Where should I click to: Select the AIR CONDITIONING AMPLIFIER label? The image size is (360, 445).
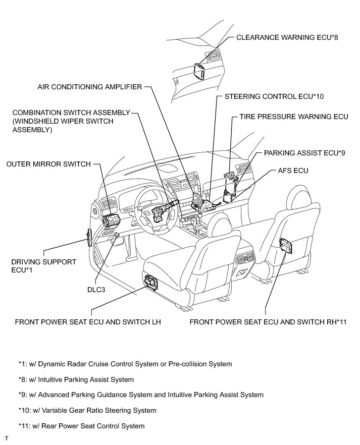pyautogui.click(x=90, y=87)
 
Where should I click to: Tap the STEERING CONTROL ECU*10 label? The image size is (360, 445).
pyautogui.click(x=274, y=96)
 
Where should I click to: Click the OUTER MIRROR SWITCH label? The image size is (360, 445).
pyautogui.click(x=48, y=164)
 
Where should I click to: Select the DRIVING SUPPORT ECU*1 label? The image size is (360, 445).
pyautogui.click(x=44, y=266)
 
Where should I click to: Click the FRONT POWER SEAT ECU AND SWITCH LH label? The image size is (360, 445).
pyautogui.click(x=88, y=321)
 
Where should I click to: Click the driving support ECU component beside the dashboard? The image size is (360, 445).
pyautogui.click(x=90, y=236)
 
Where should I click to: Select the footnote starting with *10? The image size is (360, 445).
pyautogui.click(x=87, y=410)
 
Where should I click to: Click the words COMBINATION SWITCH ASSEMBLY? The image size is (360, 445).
pyautogui.click(x=72, y=113)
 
